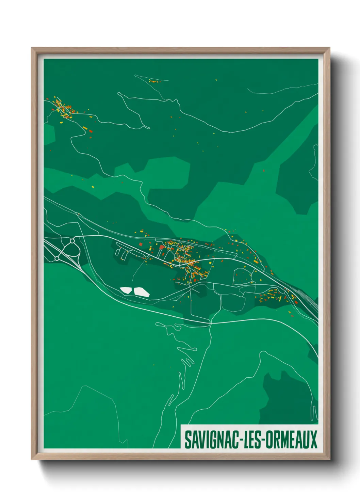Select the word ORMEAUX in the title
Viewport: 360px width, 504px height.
click(292, 440)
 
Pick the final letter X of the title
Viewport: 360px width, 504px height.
click(314, 440)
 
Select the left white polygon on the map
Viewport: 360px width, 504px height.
click(126, 290)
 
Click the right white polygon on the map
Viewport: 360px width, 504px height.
click(141, 292)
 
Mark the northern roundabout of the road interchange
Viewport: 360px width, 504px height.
click(72, 241)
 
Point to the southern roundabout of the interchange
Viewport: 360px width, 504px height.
click(56, 259)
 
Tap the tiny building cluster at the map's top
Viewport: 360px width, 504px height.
click(153, 81)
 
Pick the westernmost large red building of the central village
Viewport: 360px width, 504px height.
click(141, 244)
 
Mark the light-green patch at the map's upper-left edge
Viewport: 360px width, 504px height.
click(49, 135)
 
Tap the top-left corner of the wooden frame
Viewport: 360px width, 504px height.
click(32, 48)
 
